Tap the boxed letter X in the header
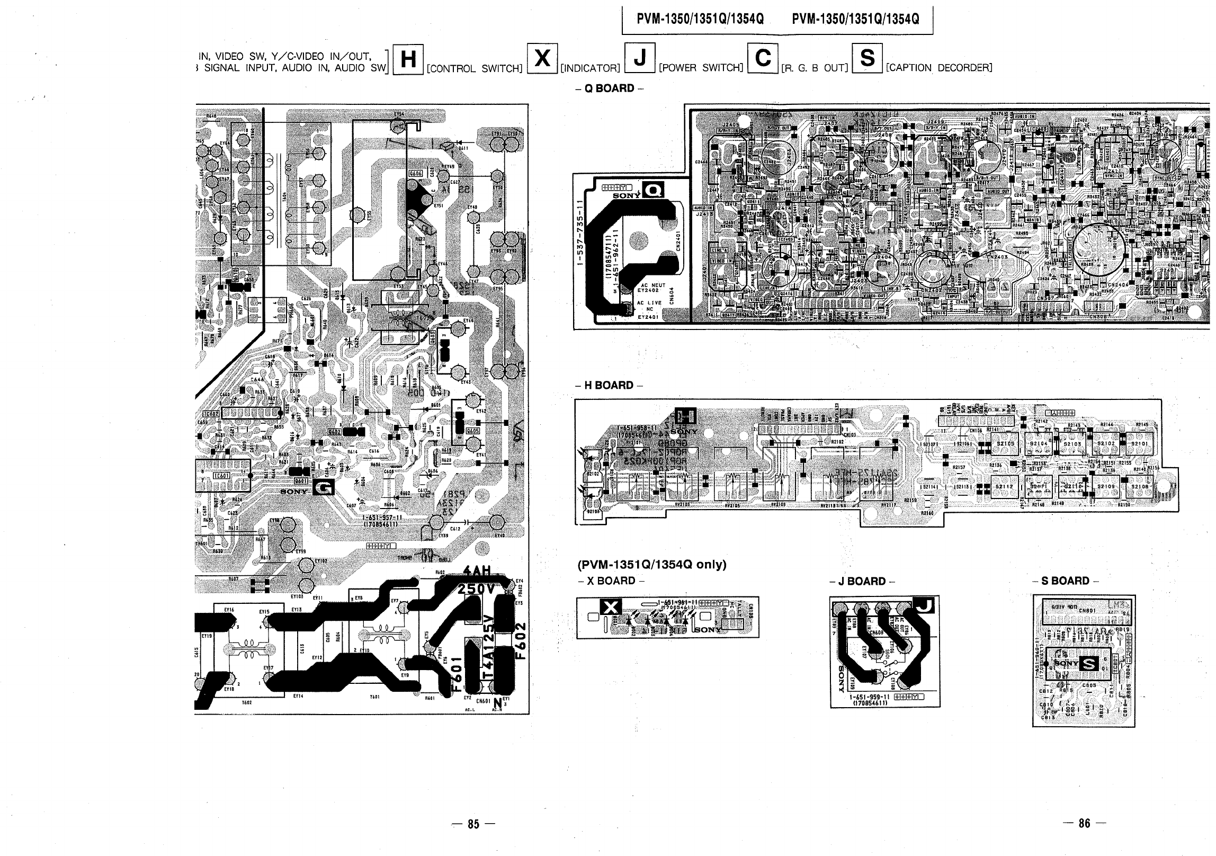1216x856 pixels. [542, 58]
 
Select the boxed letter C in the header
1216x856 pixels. [763, 58]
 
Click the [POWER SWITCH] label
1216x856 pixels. [701, 68]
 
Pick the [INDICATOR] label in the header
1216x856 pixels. [591, 68]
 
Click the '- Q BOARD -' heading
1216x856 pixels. [609, 88]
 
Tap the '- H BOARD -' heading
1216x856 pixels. [609, 386]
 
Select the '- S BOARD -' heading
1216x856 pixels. [1065, 581]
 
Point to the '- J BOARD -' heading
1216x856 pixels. [863, 582]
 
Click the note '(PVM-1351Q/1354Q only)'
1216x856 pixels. [652, 565]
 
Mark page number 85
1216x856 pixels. [473, 824]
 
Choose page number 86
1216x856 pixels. [1084, 823]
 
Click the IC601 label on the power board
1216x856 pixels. [220, 476]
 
